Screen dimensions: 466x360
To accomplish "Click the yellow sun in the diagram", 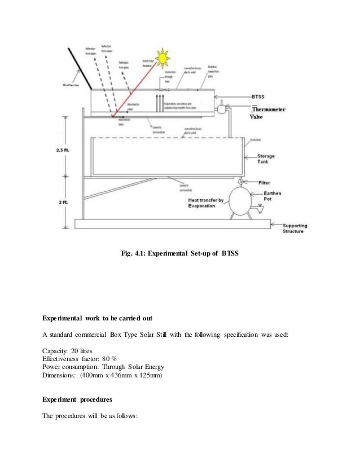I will coord(163,58).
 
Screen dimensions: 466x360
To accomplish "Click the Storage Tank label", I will coord(266,159).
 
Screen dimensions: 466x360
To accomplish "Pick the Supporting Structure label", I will coord(294,227).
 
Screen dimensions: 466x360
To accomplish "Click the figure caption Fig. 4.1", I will coord(180,253).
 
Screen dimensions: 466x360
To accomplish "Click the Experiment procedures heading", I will coord(77,399).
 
